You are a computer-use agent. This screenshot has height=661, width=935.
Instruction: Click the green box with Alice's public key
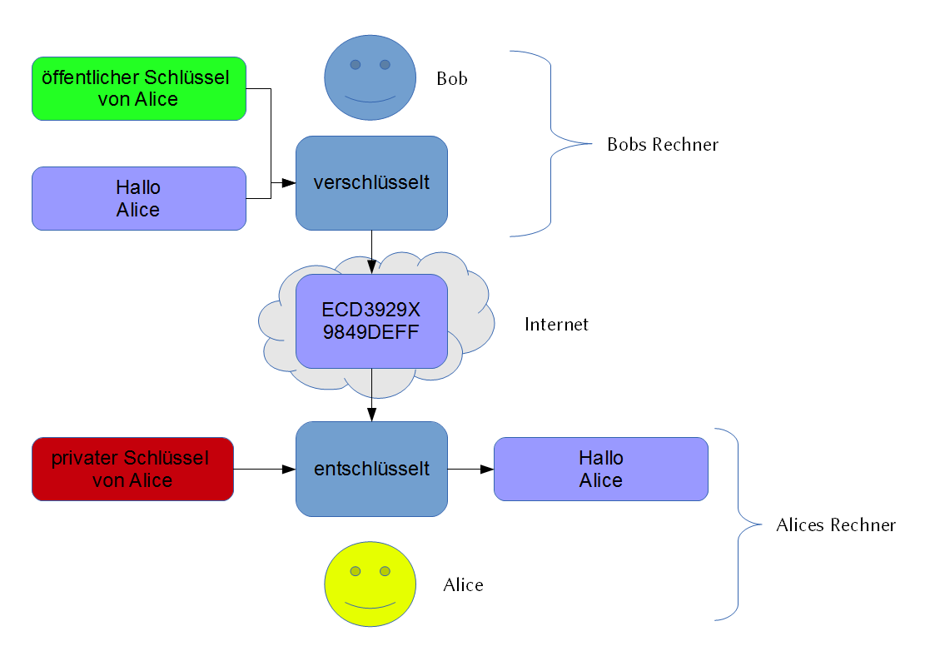(x=138, y=88)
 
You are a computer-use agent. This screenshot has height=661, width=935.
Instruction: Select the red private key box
(x=132, y=469)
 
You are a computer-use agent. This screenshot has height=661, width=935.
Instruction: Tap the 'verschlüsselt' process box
(x=371, y=182)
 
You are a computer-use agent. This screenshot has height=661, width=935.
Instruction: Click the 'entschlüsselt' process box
(x=371, y=469)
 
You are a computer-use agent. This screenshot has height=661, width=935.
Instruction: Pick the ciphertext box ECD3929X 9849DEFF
(x=371, y=321)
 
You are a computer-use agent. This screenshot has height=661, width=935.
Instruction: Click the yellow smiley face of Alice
(x=370, y=584)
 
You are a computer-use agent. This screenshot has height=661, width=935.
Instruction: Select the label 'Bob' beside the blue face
(x=452, y=79)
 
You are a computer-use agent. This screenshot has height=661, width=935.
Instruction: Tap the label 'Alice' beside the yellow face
(x=463, y=585)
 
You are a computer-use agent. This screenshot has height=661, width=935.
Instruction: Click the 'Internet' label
(x=556, y=324)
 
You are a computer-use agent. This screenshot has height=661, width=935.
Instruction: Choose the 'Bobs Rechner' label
(x=662, y=145)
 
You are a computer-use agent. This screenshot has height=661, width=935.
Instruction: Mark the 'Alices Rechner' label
(x=835, y=525)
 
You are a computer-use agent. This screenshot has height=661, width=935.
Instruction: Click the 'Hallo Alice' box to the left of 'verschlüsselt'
(x=138, y=198)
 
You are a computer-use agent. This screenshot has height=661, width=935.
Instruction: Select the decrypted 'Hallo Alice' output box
(x=600, y=469)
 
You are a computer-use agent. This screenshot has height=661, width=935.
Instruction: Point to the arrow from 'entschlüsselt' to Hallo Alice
(x=470, y=470)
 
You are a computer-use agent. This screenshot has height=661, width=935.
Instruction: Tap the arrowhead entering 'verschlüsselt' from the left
(x=289, y=183)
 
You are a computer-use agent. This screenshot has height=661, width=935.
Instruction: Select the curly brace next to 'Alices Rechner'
(x=739, y=524)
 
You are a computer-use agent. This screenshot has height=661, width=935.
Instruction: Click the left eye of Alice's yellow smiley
(x=356, y=571)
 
